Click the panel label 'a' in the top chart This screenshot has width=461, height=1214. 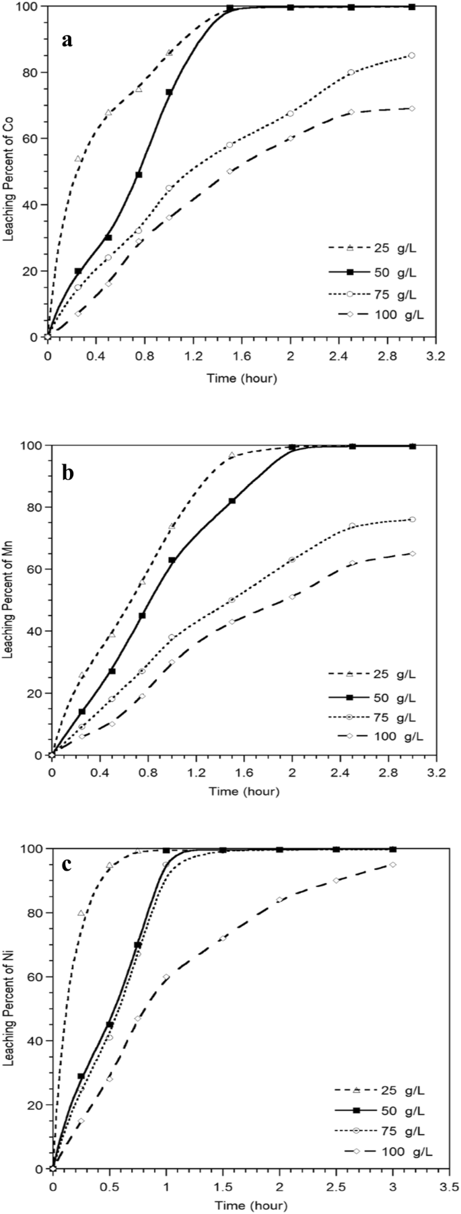point(67,40)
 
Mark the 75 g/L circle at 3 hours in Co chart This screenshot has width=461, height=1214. point(412,55)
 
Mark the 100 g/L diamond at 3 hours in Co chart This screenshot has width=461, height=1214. point(412,108)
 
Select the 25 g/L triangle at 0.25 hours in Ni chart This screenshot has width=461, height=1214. point(81,913)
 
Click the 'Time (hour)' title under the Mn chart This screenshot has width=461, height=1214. point(244,791)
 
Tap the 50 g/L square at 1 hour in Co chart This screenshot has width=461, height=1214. point(169,92)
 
